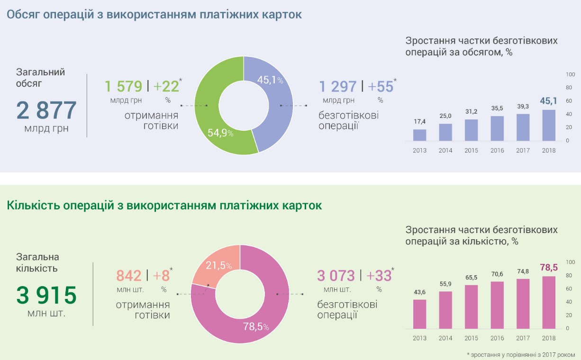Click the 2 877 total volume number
(x=46, y=110)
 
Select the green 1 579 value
(x=123, y=87)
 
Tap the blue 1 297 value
(x=338, y=87)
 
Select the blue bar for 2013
(x=419, y=135)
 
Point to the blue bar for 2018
(x=548, y=126)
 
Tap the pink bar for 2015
(x=471, y=307)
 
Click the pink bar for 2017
(x=523, y=304)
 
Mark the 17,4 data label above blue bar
(x=419, y=122)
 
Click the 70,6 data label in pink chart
(x=497, y=274)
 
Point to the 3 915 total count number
(x=46, y=296)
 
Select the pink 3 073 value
(x=336, y=276)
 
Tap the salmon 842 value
(x=129, y=276)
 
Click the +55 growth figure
(x=381, y=87)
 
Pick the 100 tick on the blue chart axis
(x=570, y=74)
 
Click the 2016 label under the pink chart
(x=497, y=338)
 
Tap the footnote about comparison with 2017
(x=520, y=354)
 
